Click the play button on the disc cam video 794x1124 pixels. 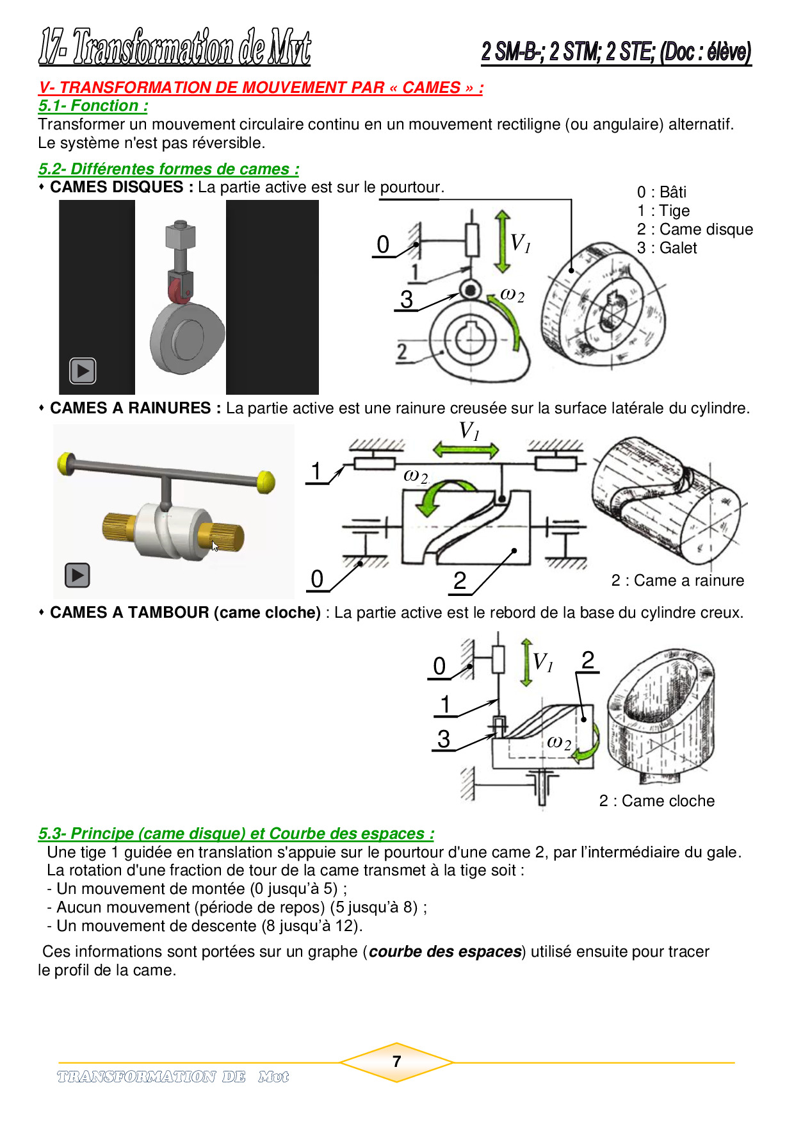(83, 370)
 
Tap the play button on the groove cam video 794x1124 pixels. (77, 575)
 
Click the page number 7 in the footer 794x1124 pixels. (397, 1062)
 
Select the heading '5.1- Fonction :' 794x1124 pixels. (93, 106)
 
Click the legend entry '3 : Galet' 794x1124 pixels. (667, 248)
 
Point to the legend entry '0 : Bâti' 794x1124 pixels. (661, 192)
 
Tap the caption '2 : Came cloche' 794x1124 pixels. (657, 801)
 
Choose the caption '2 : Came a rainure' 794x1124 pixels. (677, 581)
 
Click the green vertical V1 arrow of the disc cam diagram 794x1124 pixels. (503, 242)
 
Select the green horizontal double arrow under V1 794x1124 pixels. (466, 450)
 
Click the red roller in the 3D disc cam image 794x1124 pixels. (180, 290)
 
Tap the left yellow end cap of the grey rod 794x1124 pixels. (65, 464)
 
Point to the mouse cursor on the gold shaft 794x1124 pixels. (215, 546)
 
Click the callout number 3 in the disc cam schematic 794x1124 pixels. (407, 299)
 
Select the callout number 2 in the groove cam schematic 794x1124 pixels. (460, 581)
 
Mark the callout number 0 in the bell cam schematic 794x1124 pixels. (439, 666)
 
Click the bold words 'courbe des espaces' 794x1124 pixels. (446, 952)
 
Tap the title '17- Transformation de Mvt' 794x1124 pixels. (175, 47)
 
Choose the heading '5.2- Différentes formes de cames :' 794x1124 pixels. (168, 169)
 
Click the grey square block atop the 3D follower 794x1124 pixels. (180, 235)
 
